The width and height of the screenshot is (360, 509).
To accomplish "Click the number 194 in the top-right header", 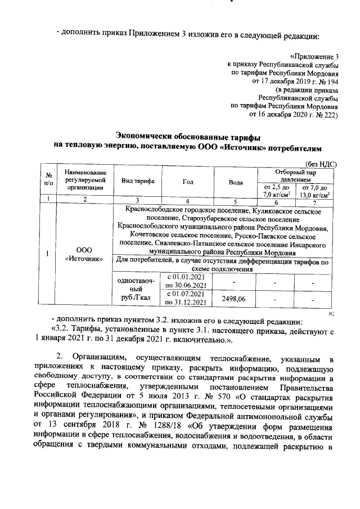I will [332, 82].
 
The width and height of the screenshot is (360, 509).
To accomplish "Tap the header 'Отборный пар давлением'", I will [295, 175].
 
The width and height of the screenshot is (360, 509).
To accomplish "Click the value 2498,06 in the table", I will [236, 299].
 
